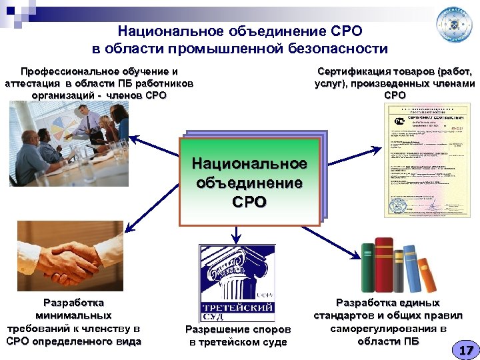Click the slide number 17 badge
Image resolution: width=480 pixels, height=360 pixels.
465,349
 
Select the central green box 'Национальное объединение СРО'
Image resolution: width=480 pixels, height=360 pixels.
249,181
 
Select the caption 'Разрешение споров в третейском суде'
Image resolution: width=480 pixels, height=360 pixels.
237,335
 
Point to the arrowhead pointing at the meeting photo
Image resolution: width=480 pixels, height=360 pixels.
131,139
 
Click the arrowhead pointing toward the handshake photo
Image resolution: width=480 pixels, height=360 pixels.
127,226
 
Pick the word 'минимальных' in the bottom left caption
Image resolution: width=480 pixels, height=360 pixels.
73,315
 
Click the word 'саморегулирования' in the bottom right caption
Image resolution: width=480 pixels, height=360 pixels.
389,328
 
